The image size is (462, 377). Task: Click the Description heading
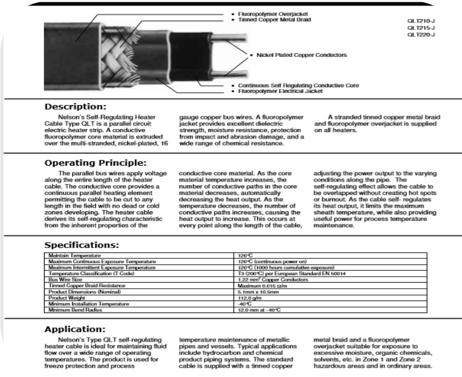coord(75,107)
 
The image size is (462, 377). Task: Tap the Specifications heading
coord(82,245)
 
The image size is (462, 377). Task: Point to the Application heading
coord(75,330)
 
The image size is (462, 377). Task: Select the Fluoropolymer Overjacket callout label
coord(266,14)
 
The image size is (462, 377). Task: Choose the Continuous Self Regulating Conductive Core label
coord(298,85)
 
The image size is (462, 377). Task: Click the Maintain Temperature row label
coord(75,255)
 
